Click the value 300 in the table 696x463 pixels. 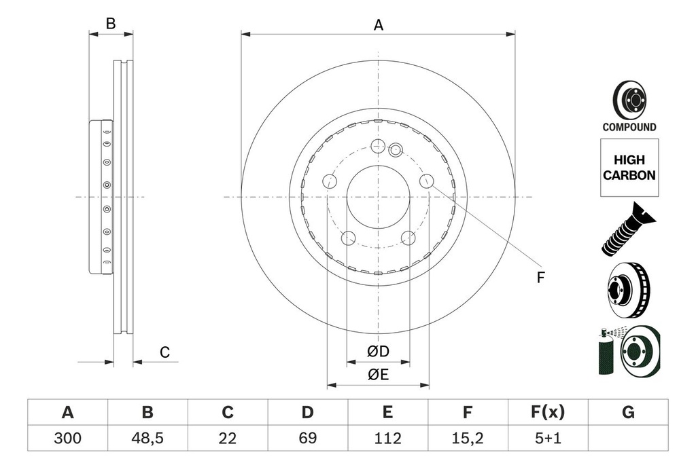pyautogui.click(x=67, y=439)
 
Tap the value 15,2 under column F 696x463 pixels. pyautogui.click(x=467, y=439)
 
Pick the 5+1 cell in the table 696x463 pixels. pyautogui.click(x=547, y=439)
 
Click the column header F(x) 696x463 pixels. pyautogui.click(x=547, y=412)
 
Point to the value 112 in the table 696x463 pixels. pyautogui.click(x=387, y=439)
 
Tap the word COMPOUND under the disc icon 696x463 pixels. pyautogui.click(x=629, y=127)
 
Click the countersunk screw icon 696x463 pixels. pyautogui.click(x=627, y=229)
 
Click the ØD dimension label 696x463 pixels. pyautogui.click(x=378, y=352)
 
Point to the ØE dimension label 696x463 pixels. pyautogui.click(x=378, y=374)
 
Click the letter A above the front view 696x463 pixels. pyautogui.click(x=379, y=25)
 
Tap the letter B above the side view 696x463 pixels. pyautogui.click(x=111, y=24)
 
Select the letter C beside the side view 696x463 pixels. pyautogui.click(x=164, y=352)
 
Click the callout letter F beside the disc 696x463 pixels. pyautogui.click(x=541, y=277)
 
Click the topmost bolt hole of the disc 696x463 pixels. pyautogui.click(x=379, y=145)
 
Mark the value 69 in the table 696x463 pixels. pyautogui.click(x=307, y=439)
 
